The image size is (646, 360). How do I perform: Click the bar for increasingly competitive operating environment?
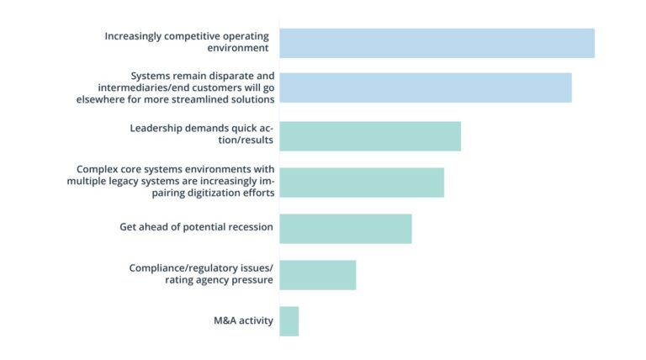[437, 43]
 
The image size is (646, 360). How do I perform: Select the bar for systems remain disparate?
[425, 87]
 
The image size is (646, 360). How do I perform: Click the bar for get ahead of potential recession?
[345, 228]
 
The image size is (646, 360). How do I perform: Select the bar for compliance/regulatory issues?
[317, 274]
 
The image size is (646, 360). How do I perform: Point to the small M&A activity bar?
[289, 320]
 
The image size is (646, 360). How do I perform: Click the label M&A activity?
[243, 320]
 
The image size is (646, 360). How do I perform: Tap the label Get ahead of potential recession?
[197, 227]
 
